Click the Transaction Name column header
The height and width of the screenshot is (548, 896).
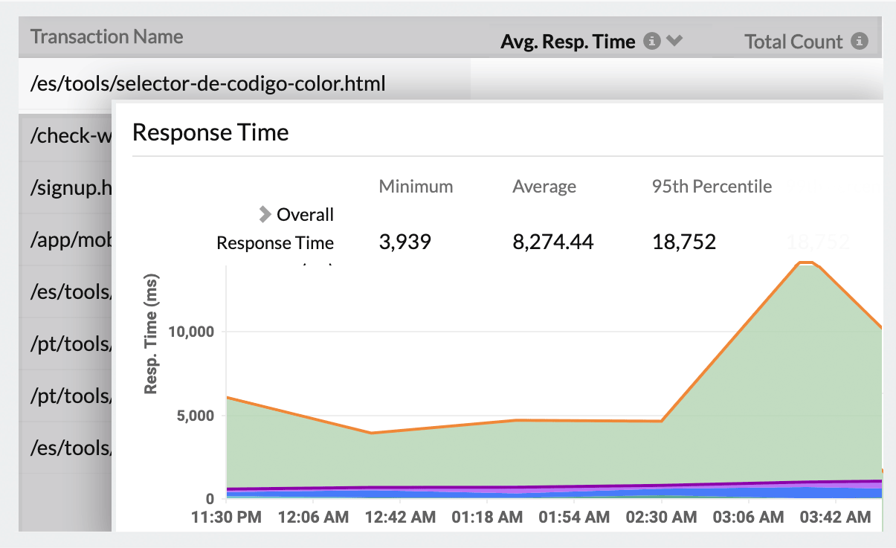point(106,36)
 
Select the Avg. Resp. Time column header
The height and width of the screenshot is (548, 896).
point(568,42)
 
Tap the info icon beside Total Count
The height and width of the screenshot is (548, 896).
point(860,42)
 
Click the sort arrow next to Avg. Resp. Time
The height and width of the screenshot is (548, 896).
point(674,42)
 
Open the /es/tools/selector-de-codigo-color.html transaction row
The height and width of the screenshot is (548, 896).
point(208,84)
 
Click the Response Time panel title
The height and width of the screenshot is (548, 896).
point(210,133)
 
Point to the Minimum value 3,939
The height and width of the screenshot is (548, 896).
point(405,242)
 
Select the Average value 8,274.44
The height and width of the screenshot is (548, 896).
point(552,242)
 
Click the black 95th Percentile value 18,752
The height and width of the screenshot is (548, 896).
point(684,242)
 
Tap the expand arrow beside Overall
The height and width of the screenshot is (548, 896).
point(265,215)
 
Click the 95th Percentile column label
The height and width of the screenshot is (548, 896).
point(712,187)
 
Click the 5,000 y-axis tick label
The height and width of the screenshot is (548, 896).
point(194,416)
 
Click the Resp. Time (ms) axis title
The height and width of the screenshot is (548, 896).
point(151,333)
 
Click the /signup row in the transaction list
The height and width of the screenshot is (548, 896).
point(71,188)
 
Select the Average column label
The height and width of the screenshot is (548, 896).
point(544,187)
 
